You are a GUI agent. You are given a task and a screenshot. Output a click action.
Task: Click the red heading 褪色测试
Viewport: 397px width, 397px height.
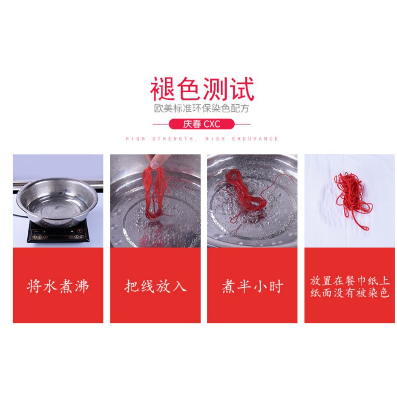click(202, 89)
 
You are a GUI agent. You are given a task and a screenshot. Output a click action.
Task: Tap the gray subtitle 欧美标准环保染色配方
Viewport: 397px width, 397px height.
click(201, 108)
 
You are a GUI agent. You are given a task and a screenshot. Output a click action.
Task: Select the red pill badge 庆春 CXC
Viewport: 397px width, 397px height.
click(201, 124)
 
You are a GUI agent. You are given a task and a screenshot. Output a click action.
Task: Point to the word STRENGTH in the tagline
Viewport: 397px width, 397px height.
click(173, 139)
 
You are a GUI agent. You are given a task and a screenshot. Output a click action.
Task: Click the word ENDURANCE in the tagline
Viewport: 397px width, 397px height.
click(255, 139)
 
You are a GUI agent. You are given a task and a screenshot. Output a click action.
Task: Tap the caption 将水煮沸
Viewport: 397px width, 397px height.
click(58, 286)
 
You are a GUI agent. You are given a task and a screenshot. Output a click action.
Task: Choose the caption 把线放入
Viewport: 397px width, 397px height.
click(155, 286)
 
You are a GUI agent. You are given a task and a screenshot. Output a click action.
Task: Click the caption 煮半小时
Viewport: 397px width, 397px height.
click(252, 286)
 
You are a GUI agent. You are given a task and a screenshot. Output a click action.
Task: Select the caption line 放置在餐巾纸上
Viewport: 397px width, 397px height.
click(349, 281)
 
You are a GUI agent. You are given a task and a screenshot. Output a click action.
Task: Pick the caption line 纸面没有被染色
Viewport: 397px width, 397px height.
click(349, 293)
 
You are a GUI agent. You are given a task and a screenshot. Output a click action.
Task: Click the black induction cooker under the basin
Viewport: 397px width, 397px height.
click(58, 232)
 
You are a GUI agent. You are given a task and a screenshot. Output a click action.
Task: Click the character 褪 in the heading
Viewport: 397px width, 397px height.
click(162, 89)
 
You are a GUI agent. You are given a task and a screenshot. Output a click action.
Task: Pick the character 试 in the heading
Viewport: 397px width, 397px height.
click(242, 89)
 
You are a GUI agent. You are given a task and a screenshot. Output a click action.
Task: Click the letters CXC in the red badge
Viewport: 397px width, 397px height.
click(212, 124)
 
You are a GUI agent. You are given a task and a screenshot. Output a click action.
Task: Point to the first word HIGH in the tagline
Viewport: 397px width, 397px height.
click(135, 139)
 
